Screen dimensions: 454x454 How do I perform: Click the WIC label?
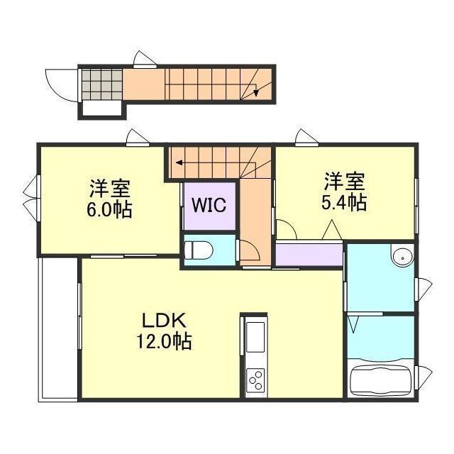(x=209, y=205)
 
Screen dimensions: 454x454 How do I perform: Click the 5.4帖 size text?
(x=344, y=203)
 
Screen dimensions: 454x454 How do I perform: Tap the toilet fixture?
(x=199, y=249)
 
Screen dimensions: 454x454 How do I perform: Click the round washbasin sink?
(x=401, y=257)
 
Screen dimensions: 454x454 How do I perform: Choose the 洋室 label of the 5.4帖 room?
(x=344, y=180)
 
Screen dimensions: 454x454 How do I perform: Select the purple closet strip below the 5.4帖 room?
(x=308, y=254)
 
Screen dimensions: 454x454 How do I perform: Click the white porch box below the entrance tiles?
(x=101, y=109)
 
